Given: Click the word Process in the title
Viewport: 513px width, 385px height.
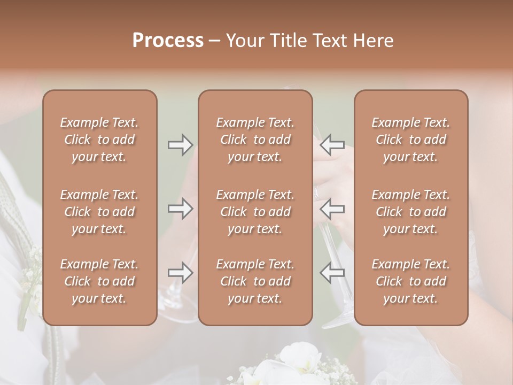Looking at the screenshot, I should pyautogui.click(x=168, y=41).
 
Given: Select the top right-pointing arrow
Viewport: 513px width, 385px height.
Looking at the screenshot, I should pyautogui.click(x=181, y=144).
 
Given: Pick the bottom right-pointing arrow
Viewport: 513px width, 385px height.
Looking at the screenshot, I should pyautogui.click(x=181, y=273).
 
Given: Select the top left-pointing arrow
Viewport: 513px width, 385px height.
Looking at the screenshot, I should pyautogui.click(x=332, y=144).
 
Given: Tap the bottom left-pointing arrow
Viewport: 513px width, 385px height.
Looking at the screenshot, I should pyautogui.click(x=332, y=273).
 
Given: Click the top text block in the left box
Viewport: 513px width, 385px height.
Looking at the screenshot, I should pyautogui.click(x=99, y=140).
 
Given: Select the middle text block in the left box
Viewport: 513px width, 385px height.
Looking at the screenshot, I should pyautogui.click(x=99, y=212).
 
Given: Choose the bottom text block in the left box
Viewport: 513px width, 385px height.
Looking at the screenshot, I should pyautogui.click(x=99, y=281).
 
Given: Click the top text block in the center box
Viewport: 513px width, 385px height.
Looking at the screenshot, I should pyautogui.click(x=255, y=140).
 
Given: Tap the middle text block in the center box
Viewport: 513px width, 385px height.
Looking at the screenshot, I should pyautogui.click(x=255, y=212).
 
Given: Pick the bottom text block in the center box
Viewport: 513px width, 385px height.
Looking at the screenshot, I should pyautogui.click(x=255, y=281).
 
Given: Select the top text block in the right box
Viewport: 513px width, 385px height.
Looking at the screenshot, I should pyautogui.click(x=411, y=140).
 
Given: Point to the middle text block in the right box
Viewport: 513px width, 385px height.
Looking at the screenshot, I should pyautogui.click(x=411, y=212).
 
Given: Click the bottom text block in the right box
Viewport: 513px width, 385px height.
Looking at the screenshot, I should pyautogui.click(x=411, y=281).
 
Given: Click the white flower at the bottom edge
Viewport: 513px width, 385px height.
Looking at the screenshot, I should pyautogui.click(x=289, y=364).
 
